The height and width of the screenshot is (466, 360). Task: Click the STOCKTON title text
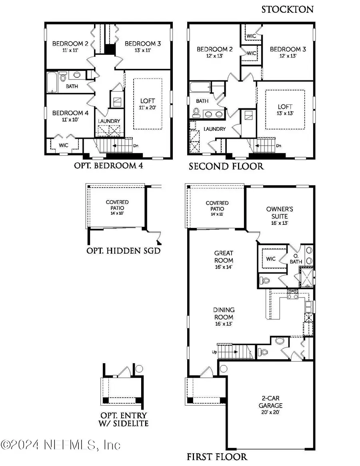pos(287,10)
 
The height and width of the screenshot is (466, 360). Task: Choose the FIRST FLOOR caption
pos(217,456)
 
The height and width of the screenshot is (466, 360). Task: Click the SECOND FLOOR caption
pos(226,166)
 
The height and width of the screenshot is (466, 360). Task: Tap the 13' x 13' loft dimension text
pos(284,113)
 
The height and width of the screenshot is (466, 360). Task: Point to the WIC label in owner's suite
pos(271,259)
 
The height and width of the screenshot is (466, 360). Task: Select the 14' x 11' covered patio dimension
pos(217,214)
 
